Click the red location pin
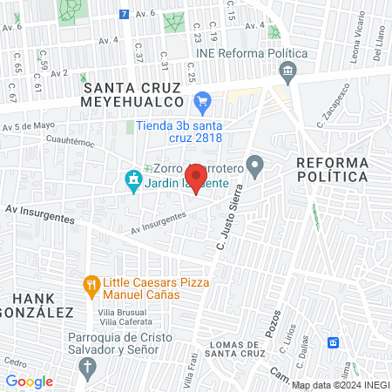click(196, 180)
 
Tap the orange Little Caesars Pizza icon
click(90, 285)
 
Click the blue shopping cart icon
click(202, 101)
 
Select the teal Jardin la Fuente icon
click(133, 181)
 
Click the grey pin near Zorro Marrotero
click(255, 163)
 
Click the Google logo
click(29, 381)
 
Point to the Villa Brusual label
click(122, 311)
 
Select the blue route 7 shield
click(125, 14)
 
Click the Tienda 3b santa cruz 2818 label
click(179, 131)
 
